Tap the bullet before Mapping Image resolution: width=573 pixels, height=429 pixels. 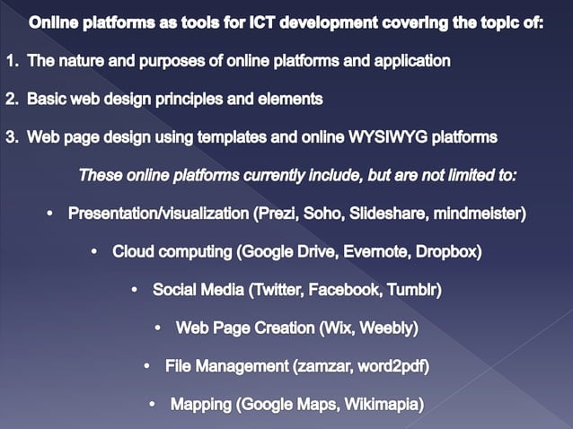[x=153, y=405]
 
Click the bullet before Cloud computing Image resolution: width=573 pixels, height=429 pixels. [x=95, y=252]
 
